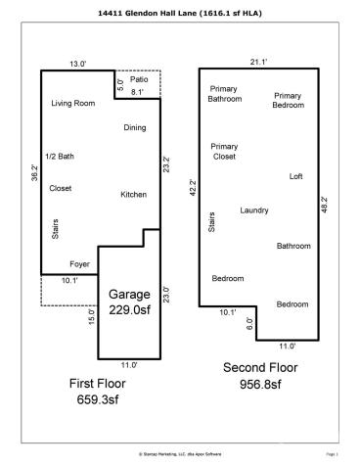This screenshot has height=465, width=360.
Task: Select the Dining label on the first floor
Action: pyautogui.click(x=134, y=128)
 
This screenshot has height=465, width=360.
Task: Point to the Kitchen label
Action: pyautogui.click(x=133, y=195)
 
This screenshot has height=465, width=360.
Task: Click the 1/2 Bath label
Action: pyautogui.click(x=60, y=157)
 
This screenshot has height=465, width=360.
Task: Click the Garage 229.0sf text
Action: pyautogui.click(x=129, y=302)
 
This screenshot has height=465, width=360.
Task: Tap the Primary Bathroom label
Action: pyautogui.click(x=224, y=94)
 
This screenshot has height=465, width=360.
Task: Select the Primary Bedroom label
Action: pyautogui.click(x=289, y=100)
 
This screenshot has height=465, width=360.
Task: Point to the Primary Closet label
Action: pyautogui.click(x=224, y=151)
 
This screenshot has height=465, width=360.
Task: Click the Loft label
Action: pyautogui.click(x=296, y=176)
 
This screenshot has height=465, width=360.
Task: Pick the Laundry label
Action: pyautogui.click(x=255, y=210)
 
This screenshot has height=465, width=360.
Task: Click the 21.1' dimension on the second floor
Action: pyautogui.click(x=259, y=62)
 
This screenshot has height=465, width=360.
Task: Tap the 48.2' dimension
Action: pyautogui.click(x=327, y=206)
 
